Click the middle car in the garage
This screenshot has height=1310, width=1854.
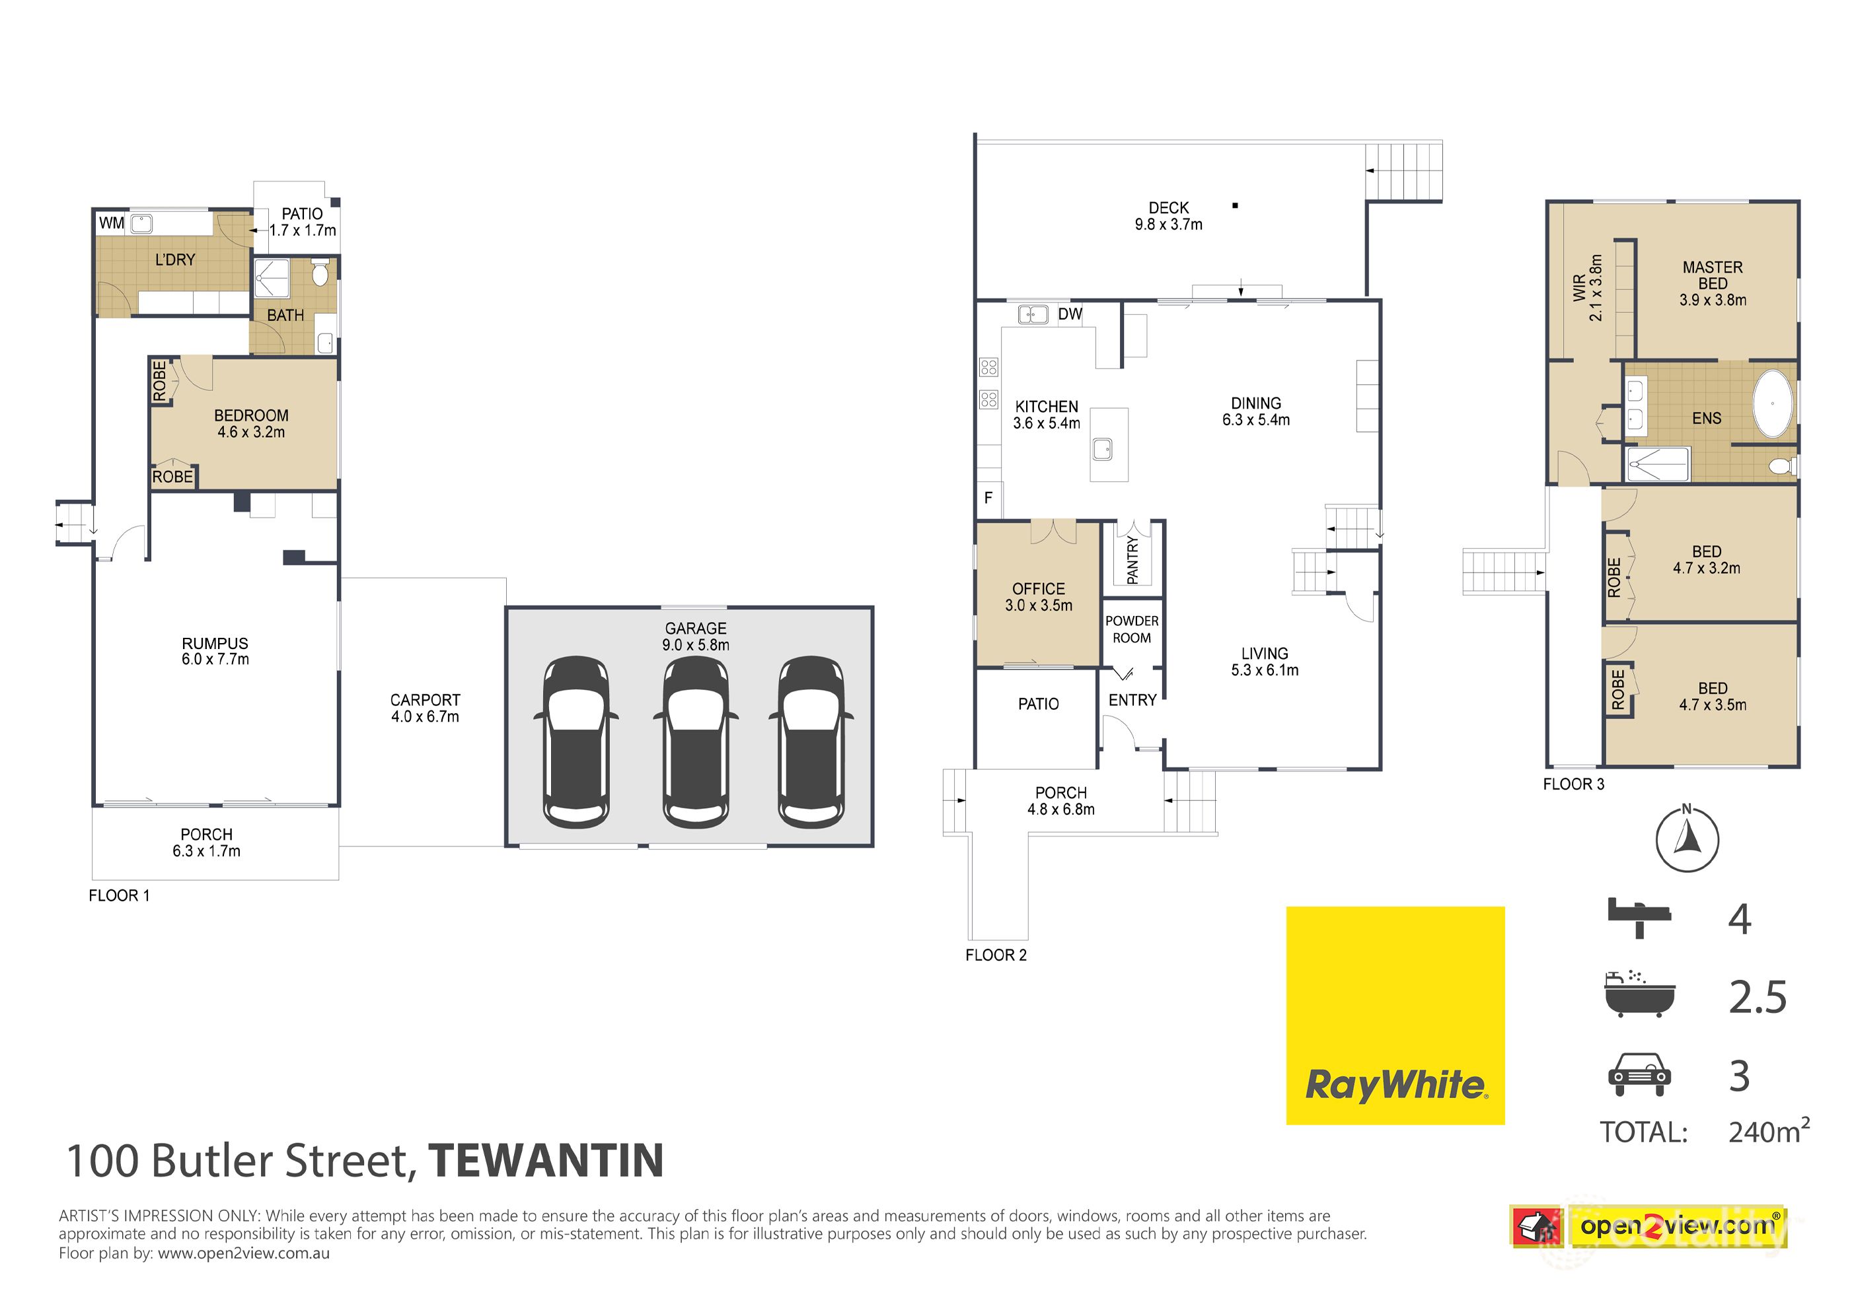695,743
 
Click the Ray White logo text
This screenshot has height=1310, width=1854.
1395,1085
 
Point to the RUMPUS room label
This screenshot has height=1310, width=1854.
215,643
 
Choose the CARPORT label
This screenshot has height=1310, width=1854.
425,700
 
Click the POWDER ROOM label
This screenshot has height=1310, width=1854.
1131,629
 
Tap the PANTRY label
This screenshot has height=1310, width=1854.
1132,560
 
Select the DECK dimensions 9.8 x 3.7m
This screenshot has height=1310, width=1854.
1168,225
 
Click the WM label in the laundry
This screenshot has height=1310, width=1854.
112,223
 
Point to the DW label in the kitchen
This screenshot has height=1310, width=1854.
1070,314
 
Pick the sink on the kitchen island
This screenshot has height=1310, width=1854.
1102,449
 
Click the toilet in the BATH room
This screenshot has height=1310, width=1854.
320,273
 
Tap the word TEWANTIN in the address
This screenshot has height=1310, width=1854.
546,1161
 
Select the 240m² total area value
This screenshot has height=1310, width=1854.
1767,1132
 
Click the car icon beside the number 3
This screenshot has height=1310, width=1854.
1639,1075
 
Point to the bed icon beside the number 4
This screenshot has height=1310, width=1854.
1639,918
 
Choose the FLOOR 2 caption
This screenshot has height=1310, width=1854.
996,955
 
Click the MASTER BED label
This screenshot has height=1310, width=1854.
1712,275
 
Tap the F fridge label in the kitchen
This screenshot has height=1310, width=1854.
988,498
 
